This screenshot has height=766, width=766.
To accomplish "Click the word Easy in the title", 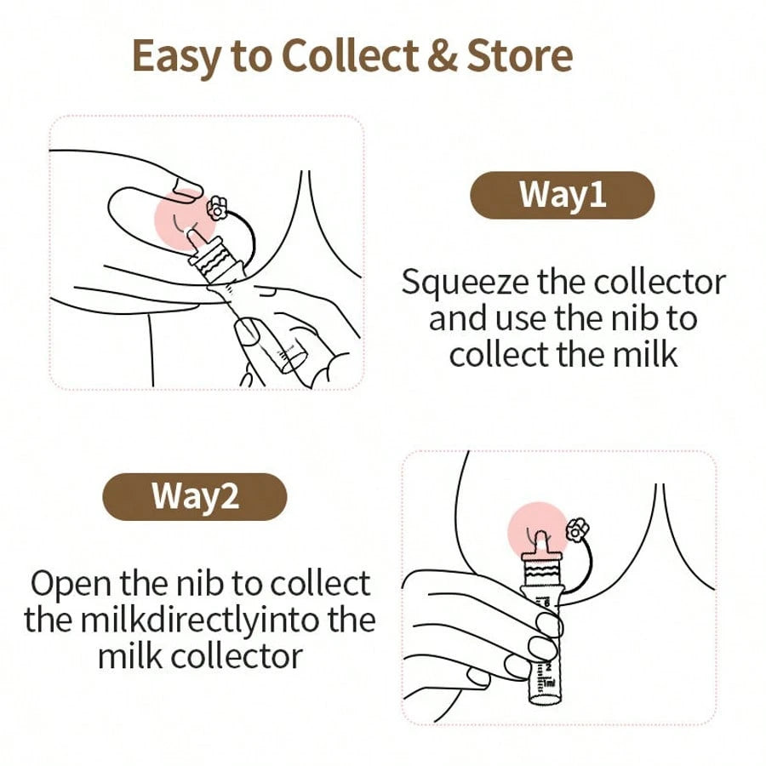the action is tap(176, 57).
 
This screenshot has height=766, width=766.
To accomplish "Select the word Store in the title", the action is tap(520, 54).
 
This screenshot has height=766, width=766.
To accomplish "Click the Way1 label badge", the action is tap(563, 195).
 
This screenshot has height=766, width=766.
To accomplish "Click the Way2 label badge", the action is tap(194, 496).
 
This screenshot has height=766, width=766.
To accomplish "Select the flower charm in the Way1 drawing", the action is tap(215, 209).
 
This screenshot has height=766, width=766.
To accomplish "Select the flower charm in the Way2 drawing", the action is tap(577, 530).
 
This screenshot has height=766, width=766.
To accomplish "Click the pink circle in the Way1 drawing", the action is tap(185, 220).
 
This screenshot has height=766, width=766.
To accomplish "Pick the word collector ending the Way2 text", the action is tap(237, 656).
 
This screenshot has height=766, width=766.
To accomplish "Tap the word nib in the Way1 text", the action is tap(634, 318).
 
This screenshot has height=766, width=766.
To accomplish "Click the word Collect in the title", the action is tap(350, 54).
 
